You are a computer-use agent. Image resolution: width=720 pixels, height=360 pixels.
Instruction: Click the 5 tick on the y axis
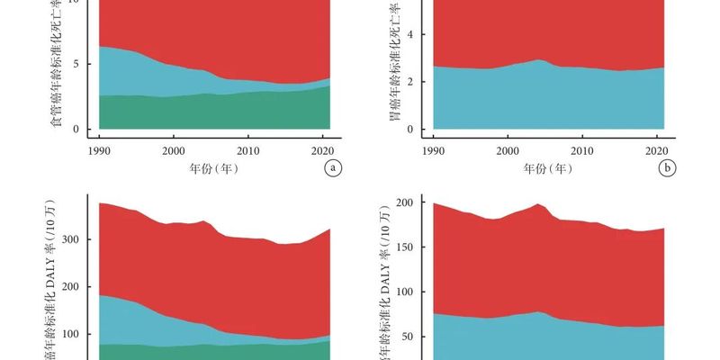pyautogui.click(x=76, y=64)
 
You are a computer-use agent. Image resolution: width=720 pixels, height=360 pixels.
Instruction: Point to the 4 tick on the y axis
pyautogui.click(x=409, y=35)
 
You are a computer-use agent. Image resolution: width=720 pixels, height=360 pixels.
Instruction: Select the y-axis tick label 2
pyautogui.click(x=409, y=82)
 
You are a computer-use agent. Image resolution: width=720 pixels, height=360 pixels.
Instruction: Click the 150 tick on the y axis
pyautogui.click(x=404, y=247)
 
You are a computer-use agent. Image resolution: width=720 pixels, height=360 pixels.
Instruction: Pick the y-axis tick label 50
pyautogui.click(x=407, y=337)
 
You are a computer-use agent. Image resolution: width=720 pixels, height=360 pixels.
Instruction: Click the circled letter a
pyautogui.click(x=333, y=167)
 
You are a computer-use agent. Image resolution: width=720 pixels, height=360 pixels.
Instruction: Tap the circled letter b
pyautogui.click(x=667, y=167)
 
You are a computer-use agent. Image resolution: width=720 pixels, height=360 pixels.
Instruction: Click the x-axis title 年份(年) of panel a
pyautogui.click(x=213, y=168)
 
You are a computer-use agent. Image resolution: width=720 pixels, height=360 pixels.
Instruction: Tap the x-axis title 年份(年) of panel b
pyautogui.click(x=545, y=168)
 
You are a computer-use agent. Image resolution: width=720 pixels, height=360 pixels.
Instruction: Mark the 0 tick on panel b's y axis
pyautogui.click(x=409, y=129)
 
